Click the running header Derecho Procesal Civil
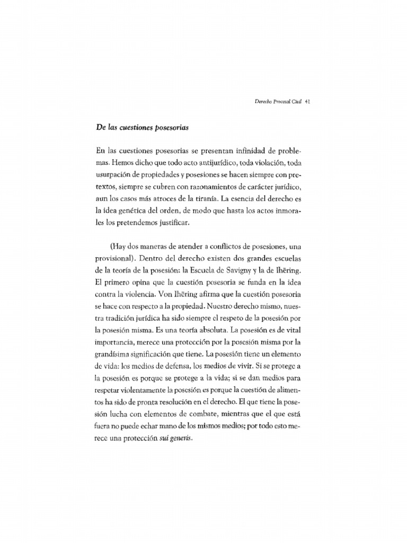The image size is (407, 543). (276, 103)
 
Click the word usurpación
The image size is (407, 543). (116, 177)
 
